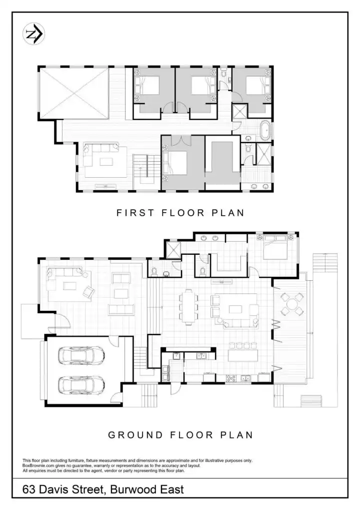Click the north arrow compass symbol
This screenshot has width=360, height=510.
tap(34, 34)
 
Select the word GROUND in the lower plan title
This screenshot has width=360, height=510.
tap(135, 435)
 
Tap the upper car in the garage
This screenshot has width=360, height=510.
tap(81, 355)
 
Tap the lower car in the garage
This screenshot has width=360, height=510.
tap(81, 385)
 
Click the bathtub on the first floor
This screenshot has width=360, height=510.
tap(265, 130)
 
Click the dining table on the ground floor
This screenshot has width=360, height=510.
tap(188, 307)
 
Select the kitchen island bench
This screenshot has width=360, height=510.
tap(243, 355)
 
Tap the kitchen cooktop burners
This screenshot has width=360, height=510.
tap(231, 378)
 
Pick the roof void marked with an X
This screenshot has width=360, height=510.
tap(73, 94)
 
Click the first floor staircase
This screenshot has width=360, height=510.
tap(146, 171)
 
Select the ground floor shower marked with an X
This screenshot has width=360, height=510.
tap(173, 249)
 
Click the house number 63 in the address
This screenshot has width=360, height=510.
tap(29, 489)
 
